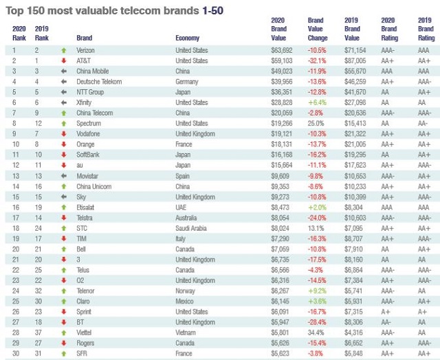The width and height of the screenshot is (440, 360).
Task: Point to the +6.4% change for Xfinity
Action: click(316, 102)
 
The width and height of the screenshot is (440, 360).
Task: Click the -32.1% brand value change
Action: click(316, 60)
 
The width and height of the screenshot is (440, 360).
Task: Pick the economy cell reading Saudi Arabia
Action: click(192, 228)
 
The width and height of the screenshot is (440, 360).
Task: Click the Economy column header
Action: click(188, 38)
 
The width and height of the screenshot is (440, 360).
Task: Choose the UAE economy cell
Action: click(181, 207)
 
